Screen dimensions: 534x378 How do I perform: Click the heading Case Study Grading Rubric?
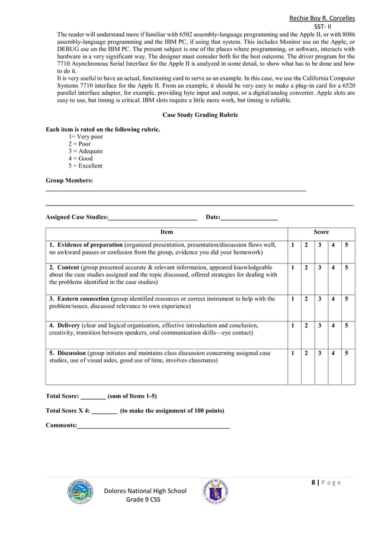200,115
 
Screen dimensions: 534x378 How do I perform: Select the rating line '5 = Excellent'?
85,166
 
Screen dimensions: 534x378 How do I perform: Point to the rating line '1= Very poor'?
85,137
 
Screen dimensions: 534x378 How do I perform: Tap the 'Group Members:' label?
69,181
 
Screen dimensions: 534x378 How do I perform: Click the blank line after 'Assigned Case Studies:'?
152,218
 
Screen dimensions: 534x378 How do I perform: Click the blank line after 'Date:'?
249,218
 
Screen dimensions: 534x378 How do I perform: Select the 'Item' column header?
166,233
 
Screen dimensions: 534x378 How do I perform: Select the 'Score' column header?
321,233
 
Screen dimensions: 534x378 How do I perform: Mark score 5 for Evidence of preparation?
347,245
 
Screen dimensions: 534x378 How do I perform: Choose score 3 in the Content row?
320,268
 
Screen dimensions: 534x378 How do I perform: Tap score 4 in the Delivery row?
334,326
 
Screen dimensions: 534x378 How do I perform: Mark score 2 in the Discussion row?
306,353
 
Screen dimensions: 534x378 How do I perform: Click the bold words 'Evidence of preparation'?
89,245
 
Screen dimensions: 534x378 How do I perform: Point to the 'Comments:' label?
61,426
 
